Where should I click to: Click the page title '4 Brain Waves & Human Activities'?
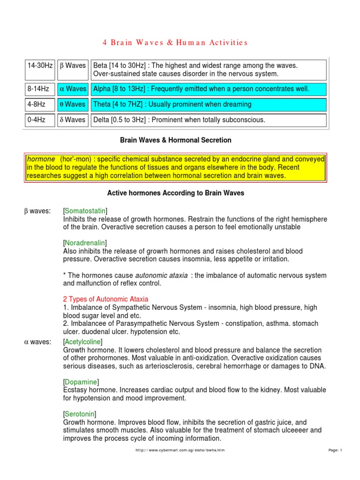174,43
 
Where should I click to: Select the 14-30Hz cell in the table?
40,66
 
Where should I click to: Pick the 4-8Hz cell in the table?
36,104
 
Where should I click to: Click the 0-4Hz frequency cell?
36,120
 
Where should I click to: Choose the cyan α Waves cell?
73,89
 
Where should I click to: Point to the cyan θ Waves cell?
73,104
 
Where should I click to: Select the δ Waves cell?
73,120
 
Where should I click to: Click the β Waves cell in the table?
73,66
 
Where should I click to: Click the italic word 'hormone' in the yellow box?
40,159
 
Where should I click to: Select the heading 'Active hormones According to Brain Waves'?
176,193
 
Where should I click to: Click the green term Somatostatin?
87,211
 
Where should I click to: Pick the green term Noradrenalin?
84,243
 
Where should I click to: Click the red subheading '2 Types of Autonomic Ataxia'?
105,299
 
